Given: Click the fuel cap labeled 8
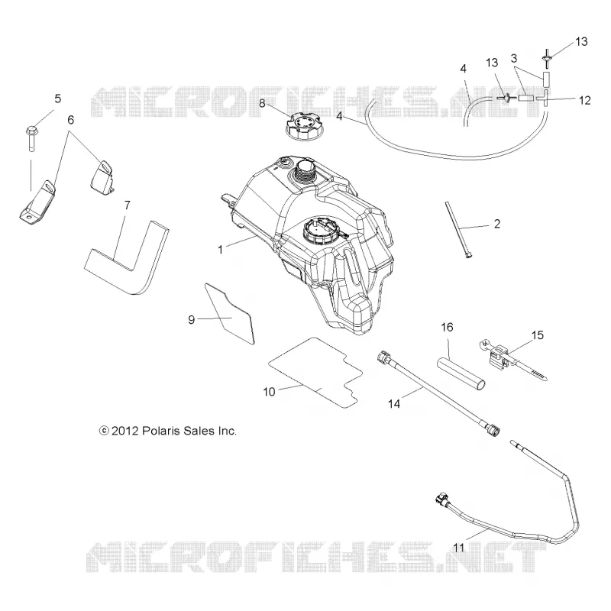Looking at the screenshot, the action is point(301,126).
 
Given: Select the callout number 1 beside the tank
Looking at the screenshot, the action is point(220,250).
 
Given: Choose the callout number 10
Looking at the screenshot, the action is point(270,392).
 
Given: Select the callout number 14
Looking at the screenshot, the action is point(394,404).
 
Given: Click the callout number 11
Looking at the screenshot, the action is point(459,548).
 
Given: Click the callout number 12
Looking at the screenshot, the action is point(584,101).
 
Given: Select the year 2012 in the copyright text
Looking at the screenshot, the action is point(124,431).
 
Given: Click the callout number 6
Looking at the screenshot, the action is point(70,120).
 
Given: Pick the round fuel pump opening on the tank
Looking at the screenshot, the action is point(320,233).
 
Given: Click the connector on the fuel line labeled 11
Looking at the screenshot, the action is point(441,499).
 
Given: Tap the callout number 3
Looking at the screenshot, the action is point(514,59).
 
